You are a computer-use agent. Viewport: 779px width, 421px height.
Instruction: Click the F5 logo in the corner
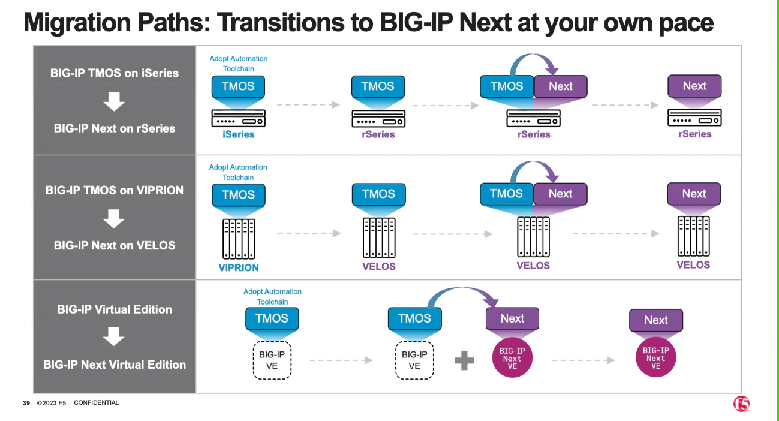click(x=741, y=404)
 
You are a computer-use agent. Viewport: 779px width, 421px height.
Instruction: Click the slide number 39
click(x=26, y=403)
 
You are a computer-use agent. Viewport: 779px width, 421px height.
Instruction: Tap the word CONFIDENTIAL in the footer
click(x=97, y=402)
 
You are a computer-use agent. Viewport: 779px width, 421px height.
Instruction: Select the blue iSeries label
click(x=239, y=134)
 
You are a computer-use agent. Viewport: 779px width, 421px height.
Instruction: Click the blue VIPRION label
click(x=239, y=267)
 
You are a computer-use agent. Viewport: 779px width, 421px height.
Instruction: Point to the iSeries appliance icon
click(x=239, y=118)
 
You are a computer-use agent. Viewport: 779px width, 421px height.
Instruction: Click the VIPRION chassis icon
click(x=239, y=239)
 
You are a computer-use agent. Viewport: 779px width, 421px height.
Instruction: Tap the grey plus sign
click(x=464, y=360)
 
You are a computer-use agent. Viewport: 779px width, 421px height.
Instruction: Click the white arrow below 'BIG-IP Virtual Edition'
click(x=114, y=336)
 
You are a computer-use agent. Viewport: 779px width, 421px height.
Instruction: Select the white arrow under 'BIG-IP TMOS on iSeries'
click(x=114, y=101)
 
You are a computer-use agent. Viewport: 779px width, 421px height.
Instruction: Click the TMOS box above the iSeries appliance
click(x=238, y=86)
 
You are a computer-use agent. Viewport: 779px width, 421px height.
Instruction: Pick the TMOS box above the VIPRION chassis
click(x=239, y=195)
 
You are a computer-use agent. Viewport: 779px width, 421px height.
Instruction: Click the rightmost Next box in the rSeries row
click(x=694, y=86)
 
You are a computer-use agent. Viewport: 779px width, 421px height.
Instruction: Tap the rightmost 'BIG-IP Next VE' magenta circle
click(x=656, y=357)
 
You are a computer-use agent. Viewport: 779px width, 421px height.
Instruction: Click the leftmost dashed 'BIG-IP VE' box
click(x=272, y=360)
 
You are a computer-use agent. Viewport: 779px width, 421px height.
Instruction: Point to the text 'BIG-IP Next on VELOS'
click(x=115, y=245)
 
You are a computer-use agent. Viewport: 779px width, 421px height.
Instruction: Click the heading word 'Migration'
click(x=77, y=23)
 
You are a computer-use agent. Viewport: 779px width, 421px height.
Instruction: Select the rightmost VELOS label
click(x=693, y=265)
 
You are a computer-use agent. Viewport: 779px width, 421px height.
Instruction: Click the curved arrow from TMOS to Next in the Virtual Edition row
click(x=462, y=288)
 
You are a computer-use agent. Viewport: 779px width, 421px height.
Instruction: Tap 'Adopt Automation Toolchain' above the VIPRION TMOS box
click(x=238, y=172)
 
